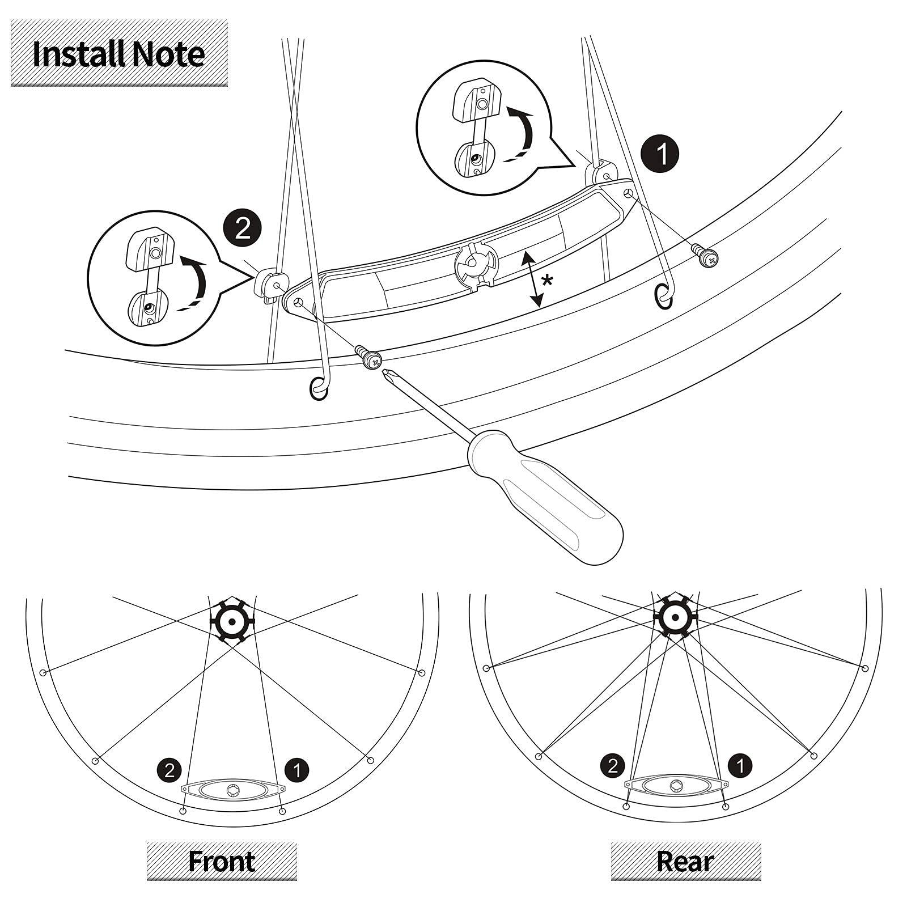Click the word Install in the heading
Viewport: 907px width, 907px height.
point(78,54)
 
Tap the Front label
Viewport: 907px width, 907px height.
point(222,861)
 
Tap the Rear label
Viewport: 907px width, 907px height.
point(685,861)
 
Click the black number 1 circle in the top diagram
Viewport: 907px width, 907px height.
point(662,154)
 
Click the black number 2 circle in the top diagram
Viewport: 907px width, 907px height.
point(242,229)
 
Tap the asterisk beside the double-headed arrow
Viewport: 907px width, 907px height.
point(547,281)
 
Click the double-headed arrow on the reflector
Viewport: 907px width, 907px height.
point(531,279)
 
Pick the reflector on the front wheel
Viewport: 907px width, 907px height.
point(232,790)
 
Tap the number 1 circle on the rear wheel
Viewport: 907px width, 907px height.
point(740,766)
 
